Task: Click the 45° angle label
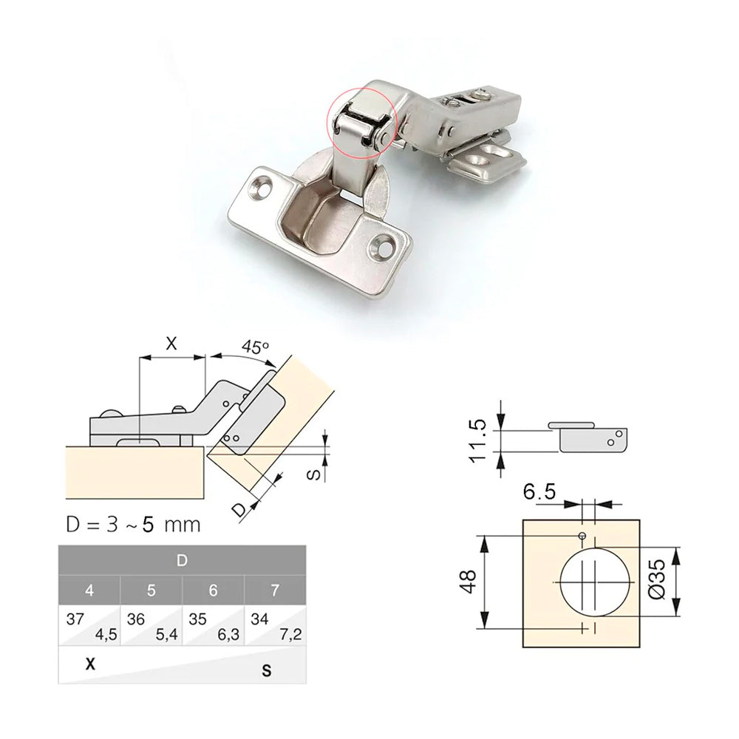click(x=254, y=347)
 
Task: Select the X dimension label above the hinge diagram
click(x=171, y=343)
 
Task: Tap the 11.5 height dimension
click(x=477, y=440)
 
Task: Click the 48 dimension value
click(x=467, y=582)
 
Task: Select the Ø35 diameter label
click(x=658, y=581)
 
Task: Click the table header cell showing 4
click(x=89, y=590)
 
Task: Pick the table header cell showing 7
click(x=276, y=590)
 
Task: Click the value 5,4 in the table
click(x=166, y=633)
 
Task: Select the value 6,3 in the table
click(x=228, y=633)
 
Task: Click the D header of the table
click(x=182, y=559)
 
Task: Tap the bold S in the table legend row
click(x=266, y=671)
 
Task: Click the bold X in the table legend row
click(x=91, y=664)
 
